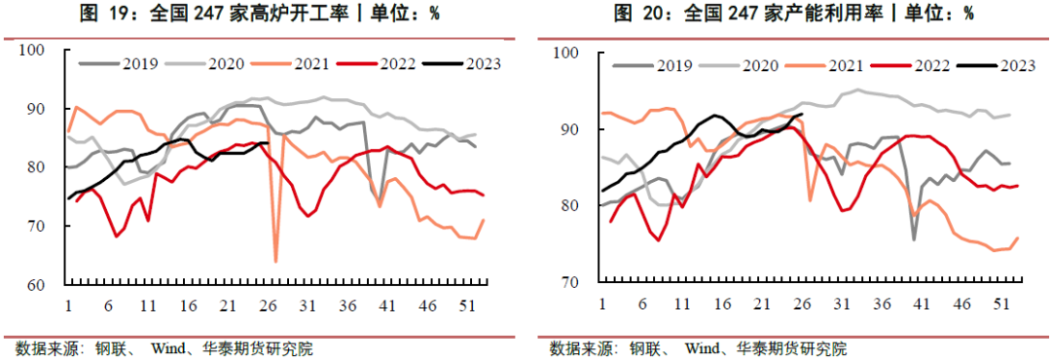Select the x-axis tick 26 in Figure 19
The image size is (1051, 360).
point(266,305)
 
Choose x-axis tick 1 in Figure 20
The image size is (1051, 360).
point(603,303)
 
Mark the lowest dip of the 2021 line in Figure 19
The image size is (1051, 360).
point(276,261)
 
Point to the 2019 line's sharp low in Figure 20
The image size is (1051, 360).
point(914,238)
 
